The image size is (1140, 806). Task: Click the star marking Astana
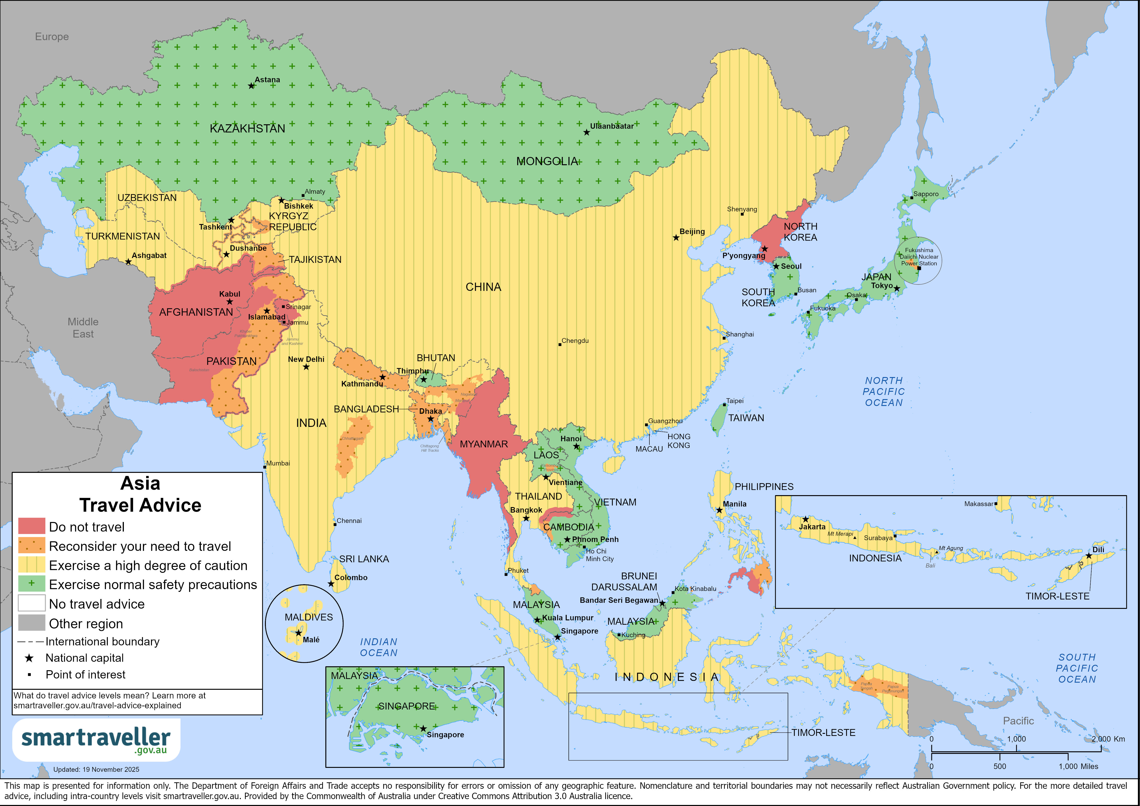pyautogui.click(x=251, y=86)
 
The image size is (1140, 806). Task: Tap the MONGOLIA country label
pyautogui.click(x=547, y=161)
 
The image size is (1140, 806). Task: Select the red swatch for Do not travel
pyautogui.click(x=31, y=526)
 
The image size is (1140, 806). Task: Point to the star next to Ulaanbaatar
pyautogui.click(x=586, y=133)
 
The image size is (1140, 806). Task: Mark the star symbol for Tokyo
pyautogui.click(x=897, y=288)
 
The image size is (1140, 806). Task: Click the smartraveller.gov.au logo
pyautogui.click(x=96, y=740)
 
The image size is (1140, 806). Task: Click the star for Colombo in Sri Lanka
pyautogui.click(x=331, y=584)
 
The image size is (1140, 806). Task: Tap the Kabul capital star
pyautogui.click(x=229, y=302)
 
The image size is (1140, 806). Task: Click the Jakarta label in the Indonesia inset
pyautogui.click(x=812, y=527)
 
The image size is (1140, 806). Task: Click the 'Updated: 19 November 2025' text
pyautogui.click(x=96, y=769)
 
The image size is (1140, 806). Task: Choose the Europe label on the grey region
pyautogui.click(x=52, y=37)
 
